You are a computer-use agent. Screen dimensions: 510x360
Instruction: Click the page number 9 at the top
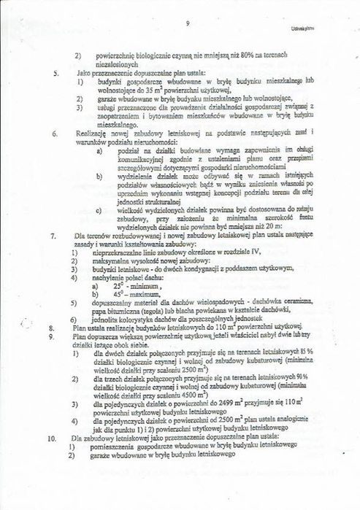[x=188, y=24]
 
